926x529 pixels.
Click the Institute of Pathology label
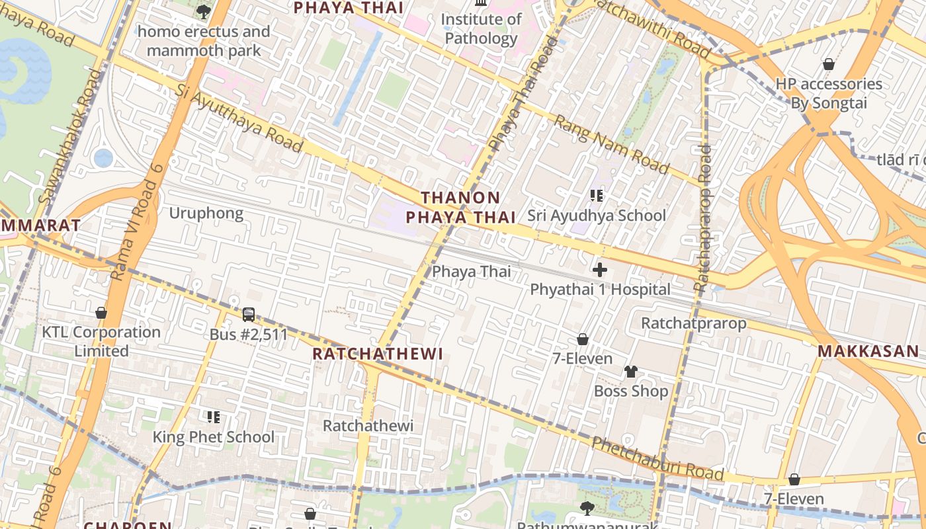pyautogui.click(x=481, y=29)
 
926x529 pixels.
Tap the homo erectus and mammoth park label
pyautogui.click(x=204, y=41)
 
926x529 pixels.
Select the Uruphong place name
pyautogui.click(x=206, y=214)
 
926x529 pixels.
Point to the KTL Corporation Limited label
pyautogui.click(x=101, y=341)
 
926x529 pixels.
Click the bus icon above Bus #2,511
pyautogui.click(x=249, y=315)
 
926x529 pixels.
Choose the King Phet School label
pyautogui.click(x=214, y=437)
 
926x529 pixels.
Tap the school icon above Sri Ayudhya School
pyautogui.click(x=597, y=196)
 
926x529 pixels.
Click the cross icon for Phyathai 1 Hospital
pyautogui.click(x=600, y=270)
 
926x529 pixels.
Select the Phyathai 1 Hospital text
pyautogui.click(x=600, y=290)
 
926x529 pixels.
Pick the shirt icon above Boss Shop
pyautogui.click(x=631, y=372)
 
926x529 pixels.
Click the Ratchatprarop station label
pyautogui.click(x=694, y=323)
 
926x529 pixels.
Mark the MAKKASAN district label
pyautogui.click(x=868, y=351)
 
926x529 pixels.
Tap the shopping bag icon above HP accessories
pyautogui.click(x=828, y=64)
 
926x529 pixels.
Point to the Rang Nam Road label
pyautogui.click(x=610, y=144)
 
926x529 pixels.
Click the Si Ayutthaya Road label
pyautogui.click(x=239, y=118)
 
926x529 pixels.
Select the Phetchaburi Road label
pyautogui.click(x=657, y=458)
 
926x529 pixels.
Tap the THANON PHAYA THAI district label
pyautogui.click(x=460, y=207)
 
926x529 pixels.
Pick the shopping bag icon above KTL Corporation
pyautogui.click(x=101, y=313)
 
